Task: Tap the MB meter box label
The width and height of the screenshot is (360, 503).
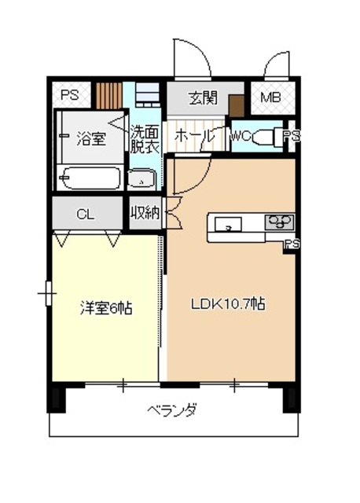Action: (270, 98)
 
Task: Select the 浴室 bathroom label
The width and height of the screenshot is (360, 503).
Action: (90, 141)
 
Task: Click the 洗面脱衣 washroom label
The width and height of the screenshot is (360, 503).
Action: (144, 140)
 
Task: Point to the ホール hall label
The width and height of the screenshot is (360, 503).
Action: (193, 135)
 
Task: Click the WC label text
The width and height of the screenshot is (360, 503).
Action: (240, 136)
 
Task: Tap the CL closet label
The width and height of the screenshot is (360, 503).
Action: (86, 213)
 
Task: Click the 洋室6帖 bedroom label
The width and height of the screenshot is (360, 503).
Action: (105, 308)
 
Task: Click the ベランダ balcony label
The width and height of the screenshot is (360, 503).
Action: (172, 409)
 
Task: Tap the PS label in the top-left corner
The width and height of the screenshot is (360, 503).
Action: (70, 95)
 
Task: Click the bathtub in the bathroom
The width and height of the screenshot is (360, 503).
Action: (90, 179)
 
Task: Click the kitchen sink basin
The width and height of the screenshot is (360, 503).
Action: (227, 223)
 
